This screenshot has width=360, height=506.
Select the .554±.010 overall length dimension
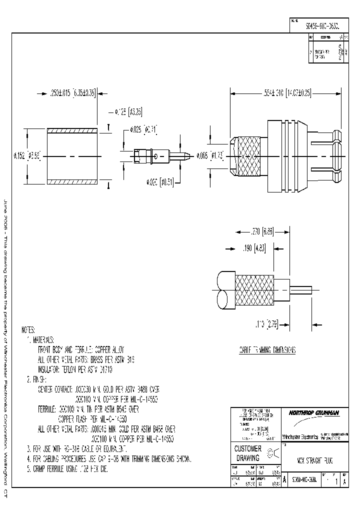tap(286, 92)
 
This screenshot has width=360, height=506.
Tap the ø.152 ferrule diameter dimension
tap(36, 156)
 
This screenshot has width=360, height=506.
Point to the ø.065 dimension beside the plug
tap(209, 156)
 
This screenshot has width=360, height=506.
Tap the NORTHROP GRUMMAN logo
tap(313, 412)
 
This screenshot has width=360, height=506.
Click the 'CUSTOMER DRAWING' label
tap(248, 453)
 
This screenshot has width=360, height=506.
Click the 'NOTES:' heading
tap(28, 330)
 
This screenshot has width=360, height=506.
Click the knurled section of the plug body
tap(249, 156)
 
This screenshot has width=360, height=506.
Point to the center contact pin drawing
tap(160, 156)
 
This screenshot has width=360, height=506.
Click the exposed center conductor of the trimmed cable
tap(300, 289)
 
